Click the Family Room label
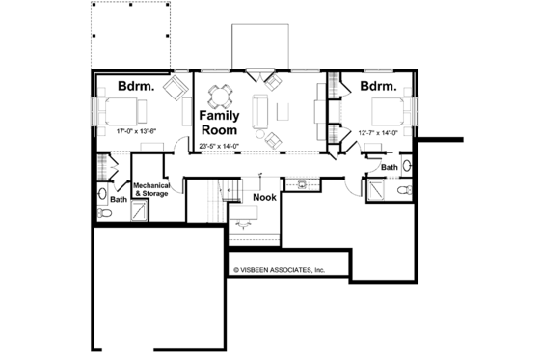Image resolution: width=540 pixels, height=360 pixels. (x=220, y=122)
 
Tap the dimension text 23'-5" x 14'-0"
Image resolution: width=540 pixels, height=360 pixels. (x=222, y=146)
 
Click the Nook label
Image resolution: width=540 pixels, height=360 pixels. (x=264, y=198)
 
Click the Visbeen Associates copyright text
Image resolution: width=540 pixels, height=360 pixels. (x=279, y=271)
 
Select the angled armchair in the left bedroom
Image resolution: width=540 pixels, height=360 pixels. (x=176, y=90)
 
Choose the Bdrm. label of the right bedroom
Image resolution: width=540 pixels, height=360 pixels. (x=379, y=86)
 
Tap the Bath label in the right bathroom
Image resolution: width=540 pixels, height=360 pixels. (x=390, y=167)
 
